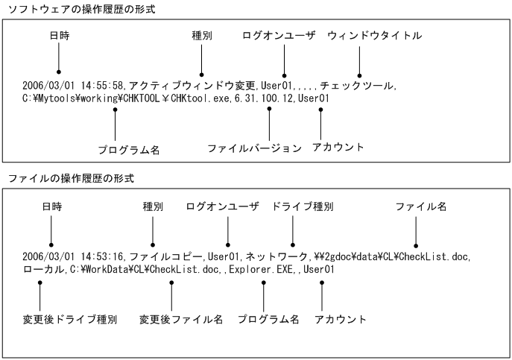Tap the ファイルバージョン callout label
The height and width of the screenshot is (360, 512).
(x=255, y=148)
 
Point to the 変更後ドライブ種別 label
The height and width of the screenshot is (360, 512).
(x=70, y=319)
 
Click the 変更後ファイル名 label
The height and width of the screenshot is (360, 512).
(x=181, y=319)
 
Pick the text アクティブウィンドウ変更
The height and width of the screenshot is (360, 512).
(x=194, y=86)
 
